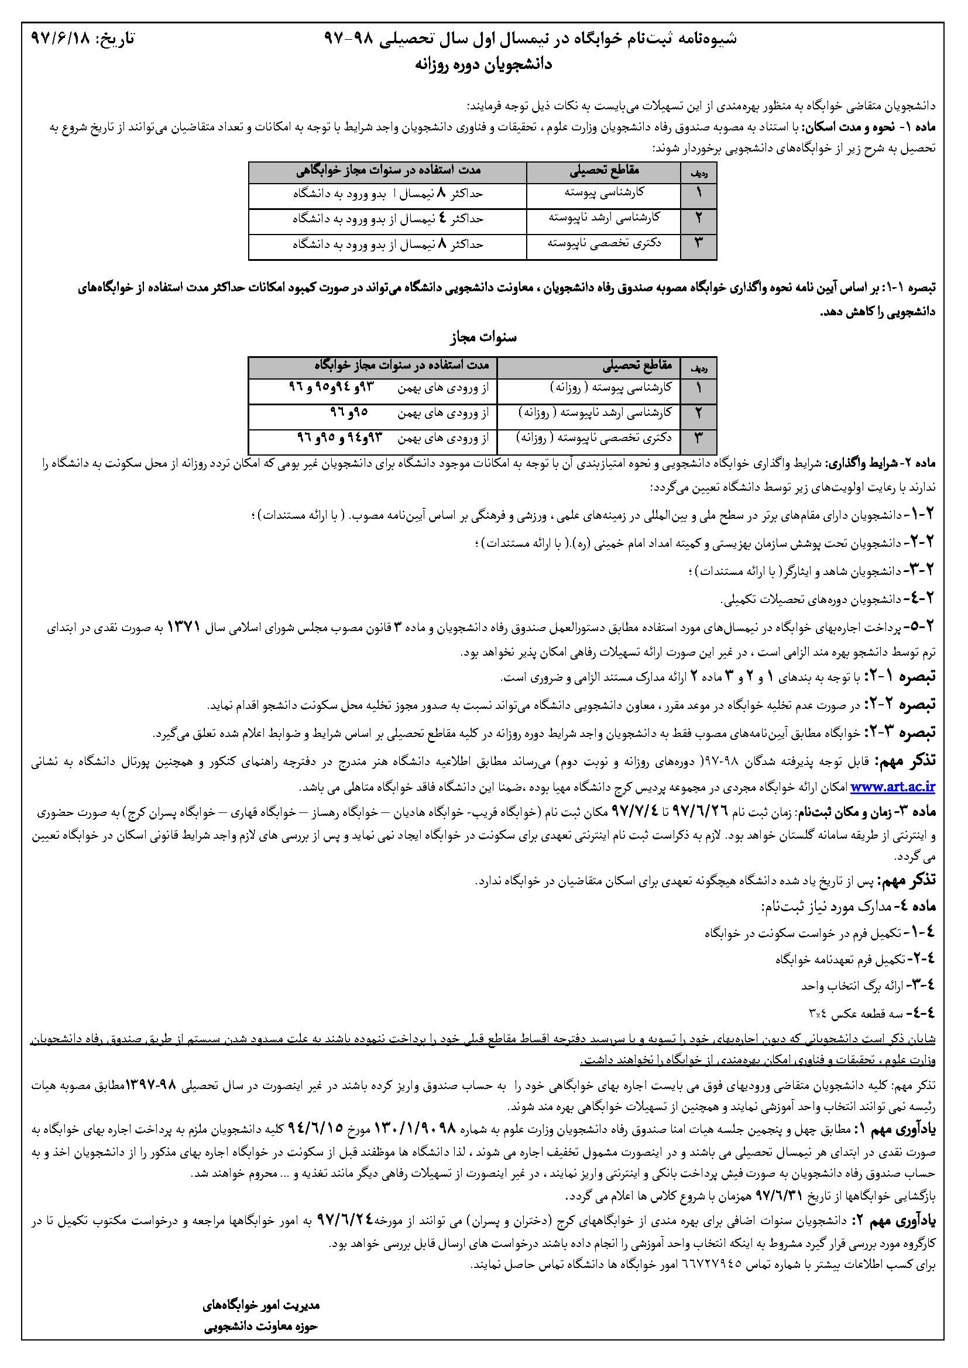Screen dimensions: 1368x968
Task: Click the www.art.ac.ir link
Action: (893, 787)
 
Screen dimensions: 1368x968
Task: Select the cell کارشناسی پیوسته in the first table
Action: (604, 193)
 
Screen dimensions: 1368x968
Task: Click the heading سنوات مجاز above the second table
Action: (483, 338)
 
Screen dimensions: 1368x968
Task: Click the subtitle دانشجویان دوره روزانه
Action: (483, 64)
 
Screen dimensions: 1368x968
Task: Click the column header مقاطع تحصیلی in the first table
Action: (604, 171)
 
